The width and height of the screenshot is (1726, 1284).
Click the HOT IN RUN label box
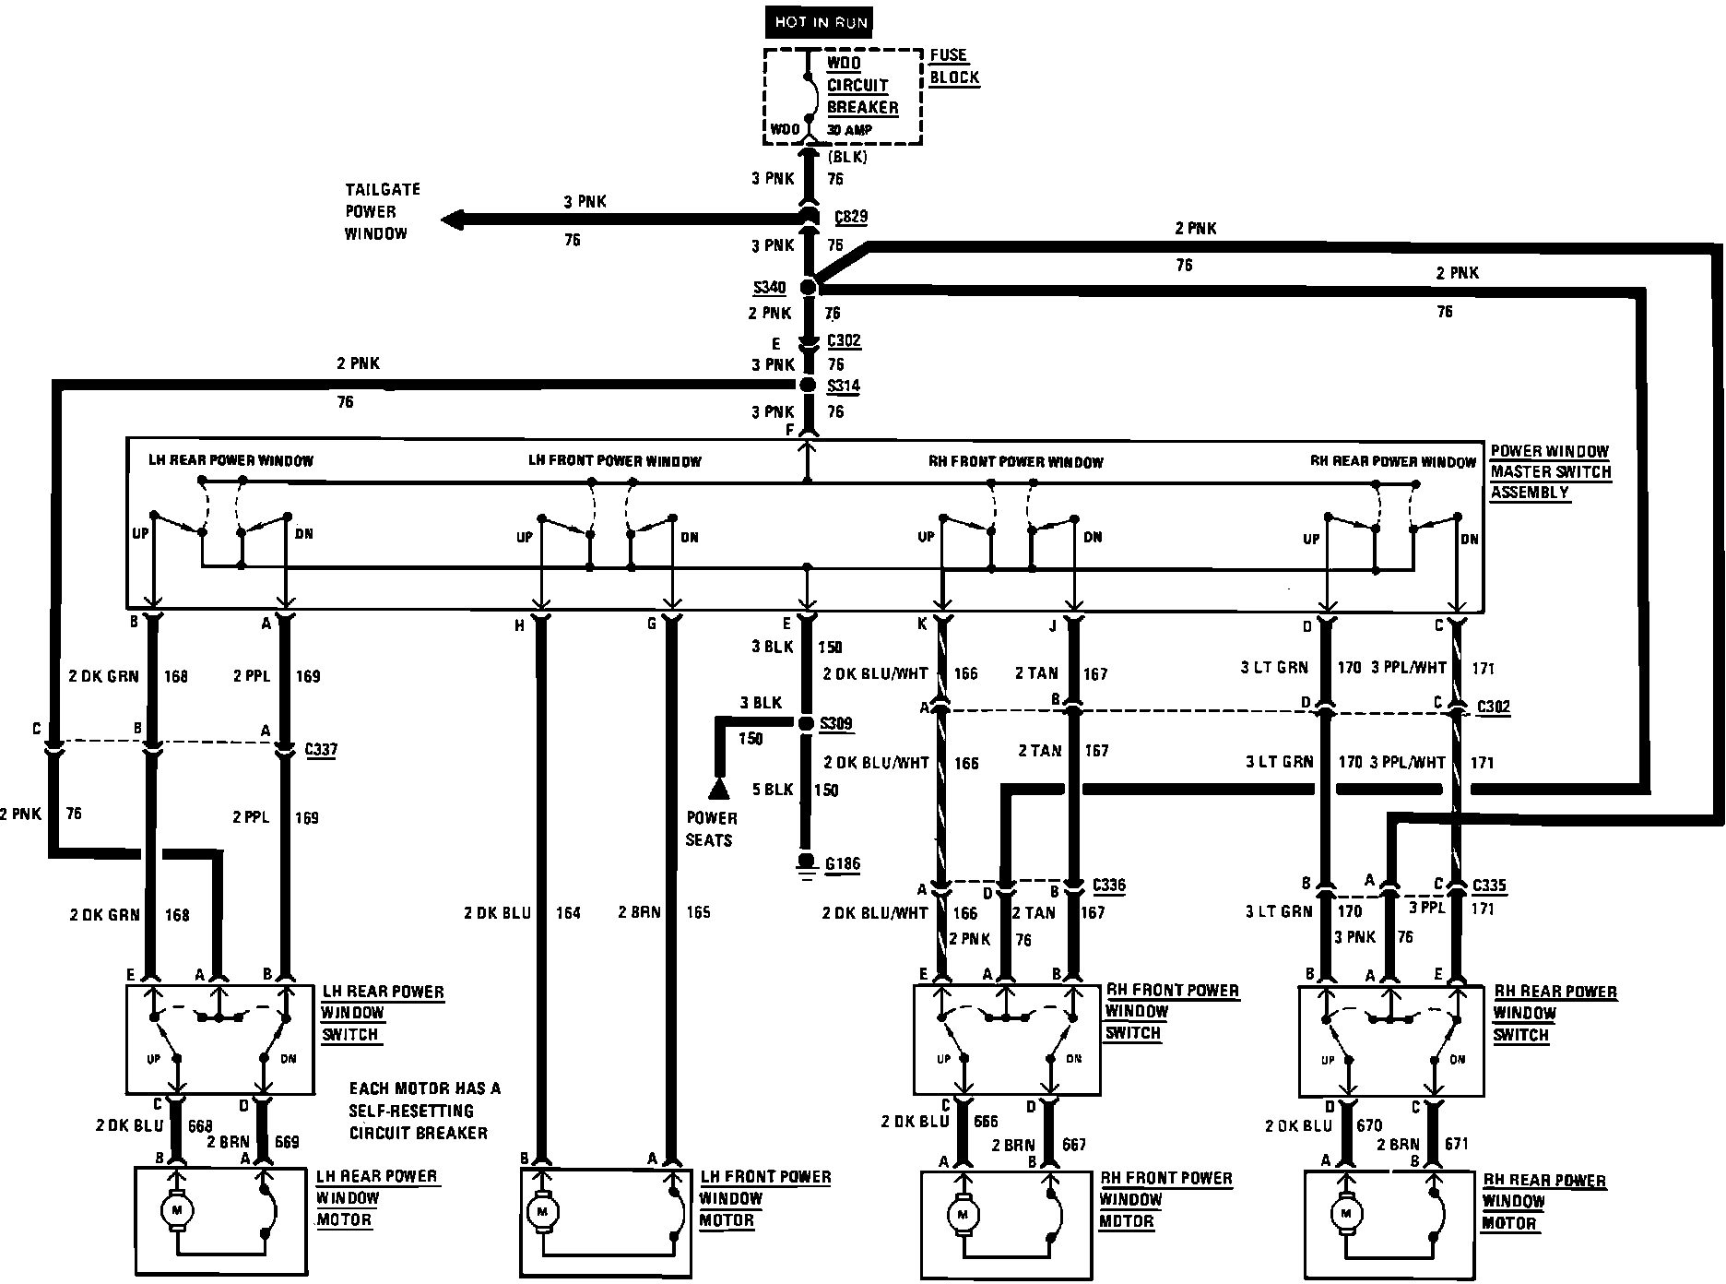820,22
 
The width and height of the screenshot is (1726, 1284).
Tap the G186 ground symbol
807,865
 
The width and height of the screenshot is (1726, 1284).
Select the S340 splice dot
809,287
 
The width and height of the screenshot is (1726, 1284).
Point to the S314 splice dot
809,385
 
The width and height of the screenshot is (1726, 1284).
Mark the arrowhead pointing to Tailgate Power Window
453,220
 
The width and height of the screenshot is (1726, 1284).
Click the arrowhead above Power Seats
718,788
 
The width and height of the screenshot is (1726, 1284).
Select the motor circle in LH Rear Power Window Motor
176,1207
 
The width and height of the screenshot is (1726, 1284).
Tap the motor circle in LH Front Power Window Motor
542,1210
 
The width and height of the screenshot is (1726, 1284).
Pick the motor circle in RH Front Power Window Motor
963,1215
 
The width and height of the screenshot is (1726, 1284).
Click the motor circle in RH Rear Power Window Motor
1347,1214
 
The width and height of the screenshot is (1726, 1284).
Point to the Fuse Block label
953,66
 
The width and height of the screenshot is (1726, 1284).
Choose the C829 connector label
850,218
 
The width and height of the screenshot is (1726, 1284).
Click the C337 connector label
321,749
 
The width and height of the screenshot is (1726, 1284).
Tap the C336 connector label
1108,886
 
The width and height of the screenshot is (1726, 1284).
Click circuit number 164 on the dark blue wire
568,913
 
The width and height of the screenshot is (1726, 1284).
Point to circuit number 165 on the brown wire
698,913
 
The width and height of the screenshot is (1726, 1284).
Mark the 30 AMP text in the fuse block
849,130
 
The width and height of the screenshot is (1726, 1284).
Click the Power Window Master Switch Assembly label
1550,471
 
